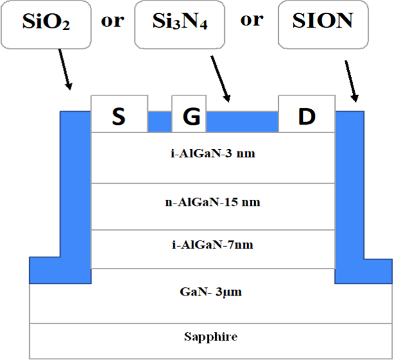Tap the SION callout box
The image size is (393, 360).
tap(322, 22)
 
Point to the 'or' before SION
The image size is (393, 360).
tap(252, 20)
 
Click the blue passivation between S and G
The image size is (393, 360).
tap(159, 122)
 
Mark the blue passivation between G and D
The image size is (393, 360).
tap(243, 122)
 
